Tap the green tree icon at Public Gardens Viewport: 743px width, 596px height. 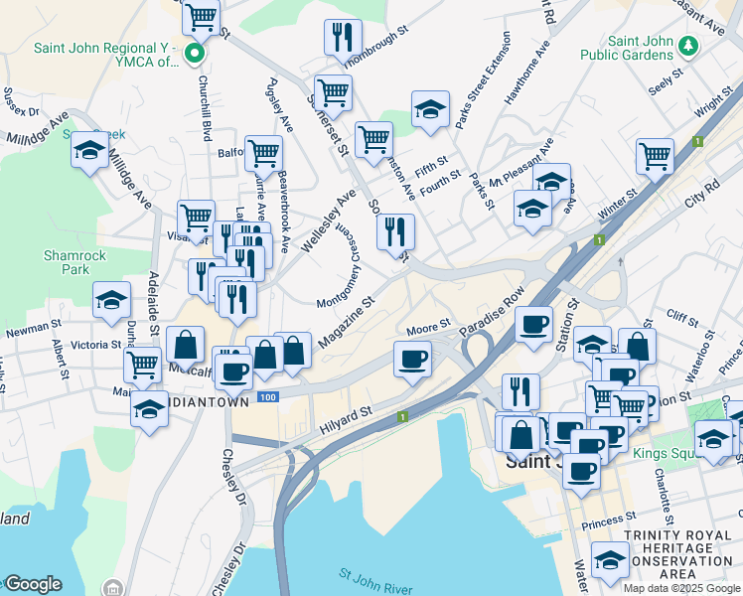686,45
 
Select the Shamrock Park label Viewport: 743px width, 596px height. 68,262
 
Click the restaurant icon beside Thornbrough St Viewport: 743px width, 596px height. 343,37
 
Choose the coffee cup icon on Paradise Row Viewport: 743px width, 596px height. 533,324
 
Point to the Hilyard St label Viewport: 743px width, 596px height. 345,421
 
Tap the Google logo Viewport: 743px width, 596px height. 33,584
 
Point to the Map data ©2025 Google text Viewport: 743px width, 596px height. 681,587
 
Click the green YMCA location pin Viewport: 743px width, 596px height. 196,53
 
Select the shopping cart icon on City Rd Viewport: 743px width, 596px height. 655,155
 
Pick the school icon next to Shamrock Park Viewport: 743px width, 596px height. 111,300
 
